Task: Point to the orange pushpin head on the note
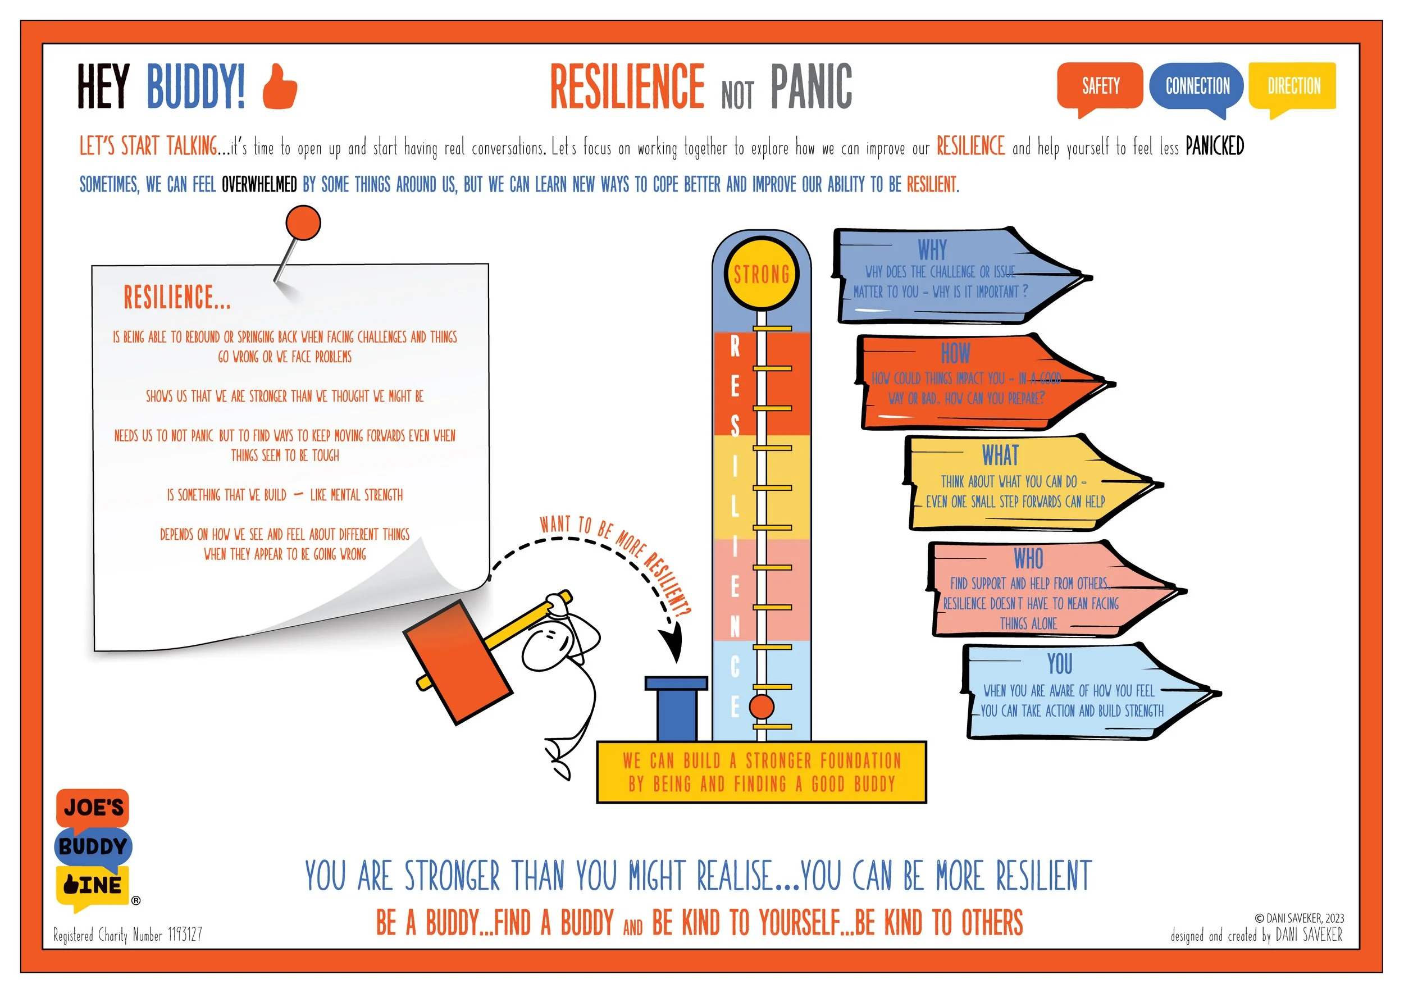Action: pyautogui.click(x=303, y=222)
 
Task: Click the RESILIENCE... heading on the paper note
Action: pyautogui.click(x=177, y=297)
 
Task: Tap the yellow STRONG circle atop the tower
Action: pyautogui.click(x=762, y=275)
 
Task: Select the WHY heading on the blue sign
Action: pyautogui.click(x=932, y=249)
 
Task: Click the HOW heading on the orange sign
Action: pyautogui.click(x=955, y=353)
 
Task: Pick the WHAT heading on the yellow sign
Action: pyautogui.click(x=1000, y=455)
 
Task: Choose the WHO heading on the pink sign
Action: pyautogui.click(x=1028, y=558)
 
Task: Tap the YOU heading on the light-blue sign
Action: pyautogui.click(x=1059, y=663)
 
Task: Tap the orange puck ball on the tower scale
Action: pyautogui.click(x=762, y=707)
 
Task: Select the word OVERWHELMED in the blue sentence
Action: pyautogui.click(x=259, y=184)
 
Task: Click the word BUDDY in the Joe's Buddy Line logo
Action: pyautogui.click(x=93, y=846)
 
